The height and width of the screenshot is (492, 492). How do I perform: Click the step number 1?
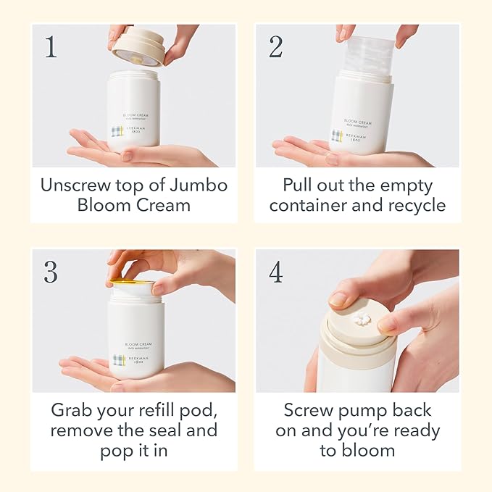[50, 47]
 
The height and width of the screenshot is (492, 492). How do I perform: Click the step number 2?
[276, 47]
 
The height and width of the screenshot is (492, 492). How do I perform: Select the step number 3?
[51, 272]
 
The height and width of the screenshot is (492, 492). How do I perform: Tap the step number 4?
[276, 272]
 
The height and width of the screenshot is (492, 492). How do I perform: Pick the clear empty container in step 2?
[366, 54]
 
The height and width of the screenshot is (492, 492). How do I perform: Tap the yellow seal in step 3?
[132, 282]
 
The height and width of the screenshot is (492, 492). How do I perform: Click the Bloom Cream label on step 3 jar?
[136, 345]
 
